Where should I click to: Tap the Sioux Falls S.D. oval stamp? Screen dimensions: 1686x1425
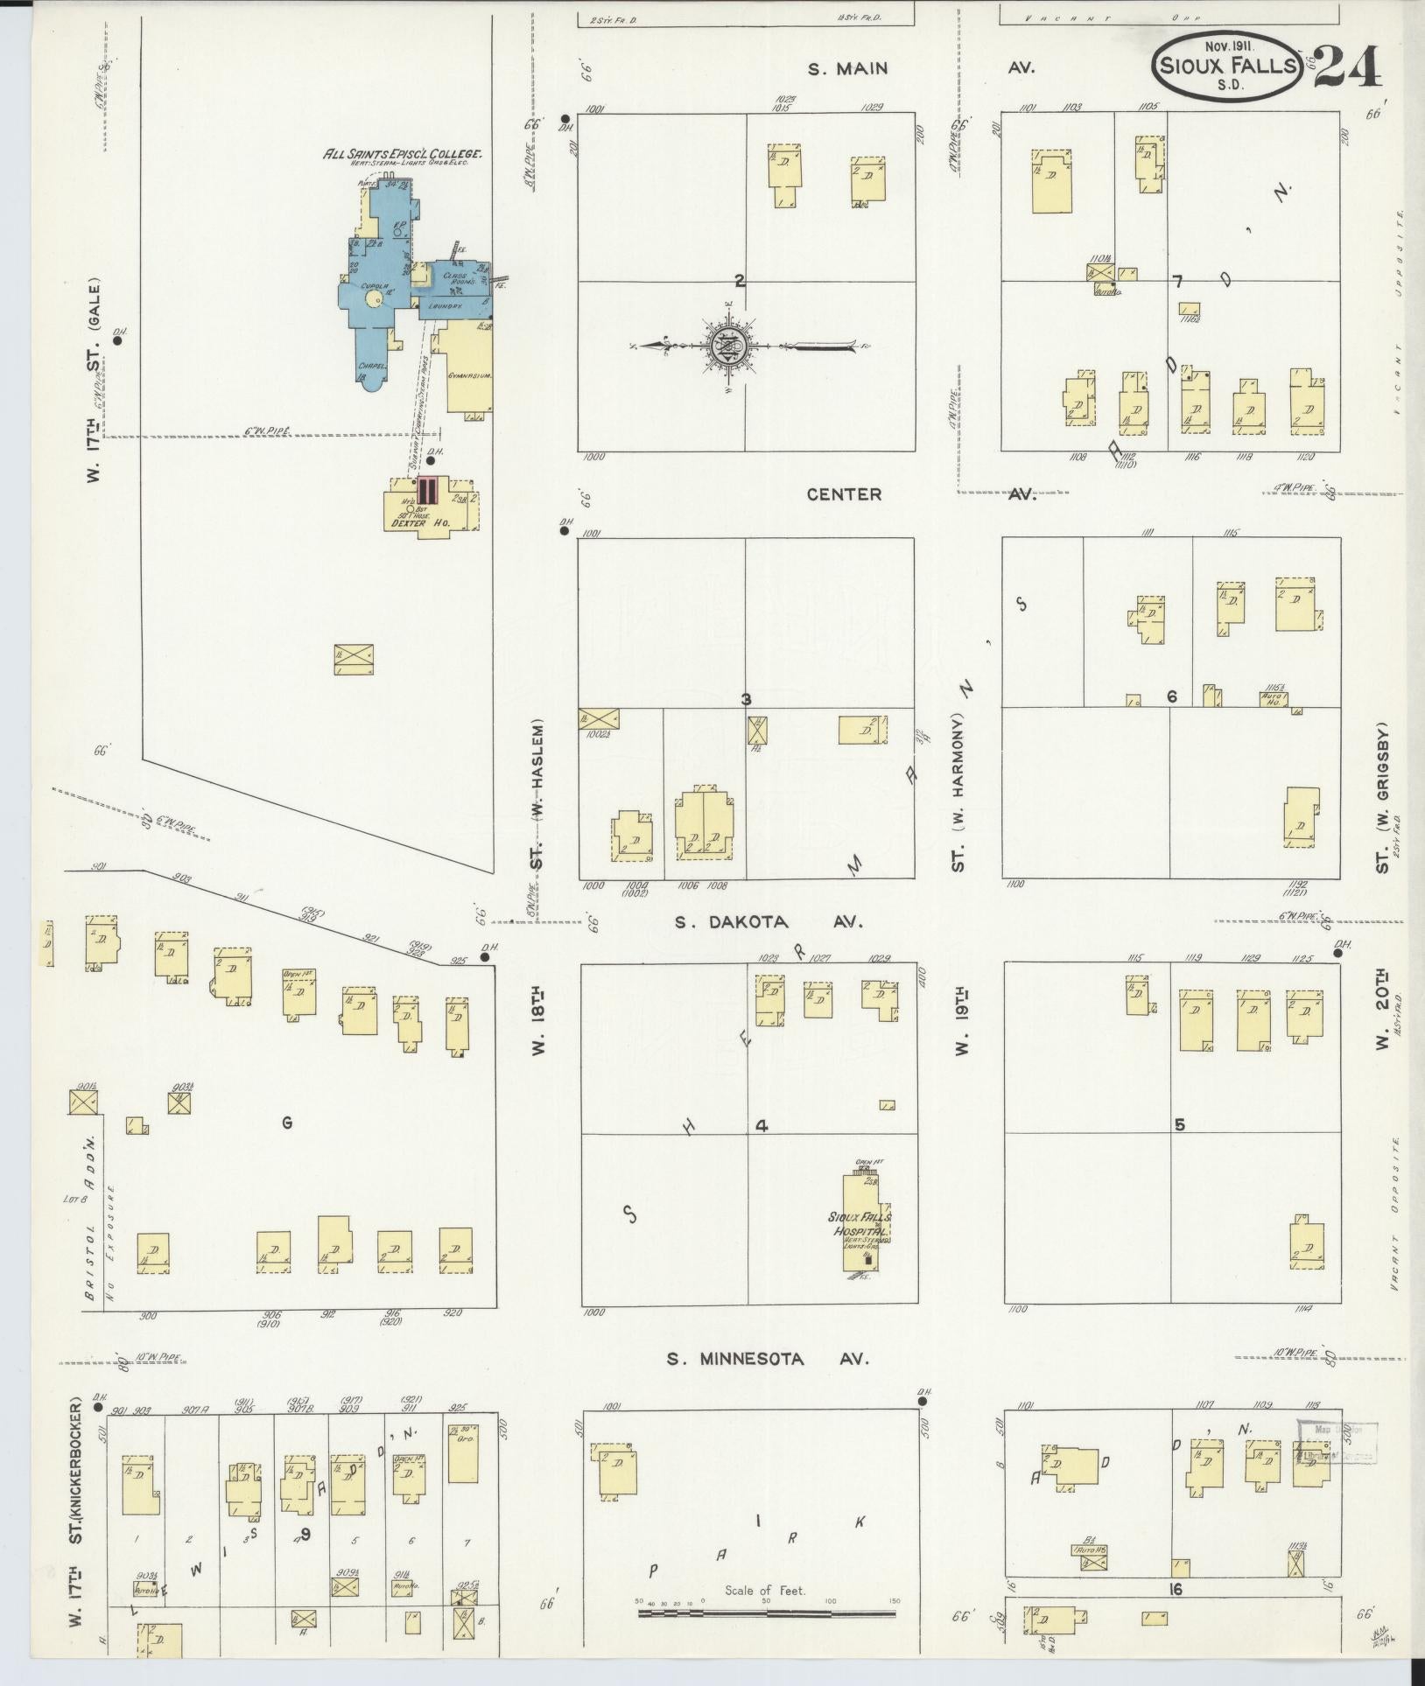[1228, 66]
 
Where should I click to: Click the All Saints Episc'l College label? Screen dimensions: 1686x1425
[404, 154]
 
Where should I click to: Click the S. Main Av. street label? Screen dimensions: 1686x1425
[847, 68]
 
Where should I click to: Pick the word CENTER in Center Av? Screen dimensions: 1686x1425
[844, 494]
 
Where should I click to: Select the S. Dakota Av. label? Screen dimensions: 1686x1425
[769, 922]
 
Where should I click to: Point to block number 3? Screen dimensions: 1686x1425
[746, 699]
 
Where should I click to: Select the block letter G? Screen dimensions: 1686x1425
[286, 1123]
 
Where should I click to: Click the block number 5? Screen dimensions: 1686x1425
[1179, 1125]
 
